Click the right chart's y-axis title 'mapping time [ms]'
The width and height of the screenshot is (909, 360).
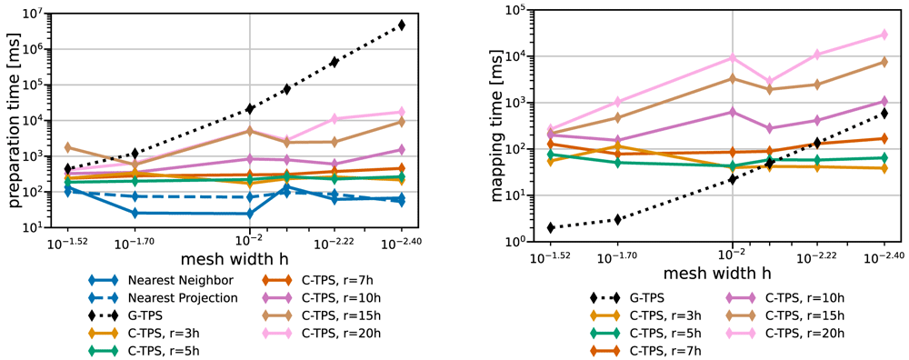tap(497, 125)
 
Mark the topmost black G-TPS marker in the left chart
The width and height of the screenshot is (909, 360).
tap(402, 25)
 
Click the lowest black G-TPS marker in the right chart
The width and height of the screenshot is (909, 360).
tap(551, 228)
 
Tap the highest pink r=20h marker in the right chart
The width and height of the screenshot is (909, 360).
tap(884, 35)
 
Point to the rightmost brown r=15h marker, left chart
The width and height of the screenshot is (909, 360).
tap(402, 122)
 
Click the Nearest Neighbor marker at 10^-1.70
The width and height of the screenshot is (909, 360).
tap(135, 214)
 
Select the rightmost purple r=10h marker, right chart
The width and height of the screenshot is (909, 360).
tap(884, 102)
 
